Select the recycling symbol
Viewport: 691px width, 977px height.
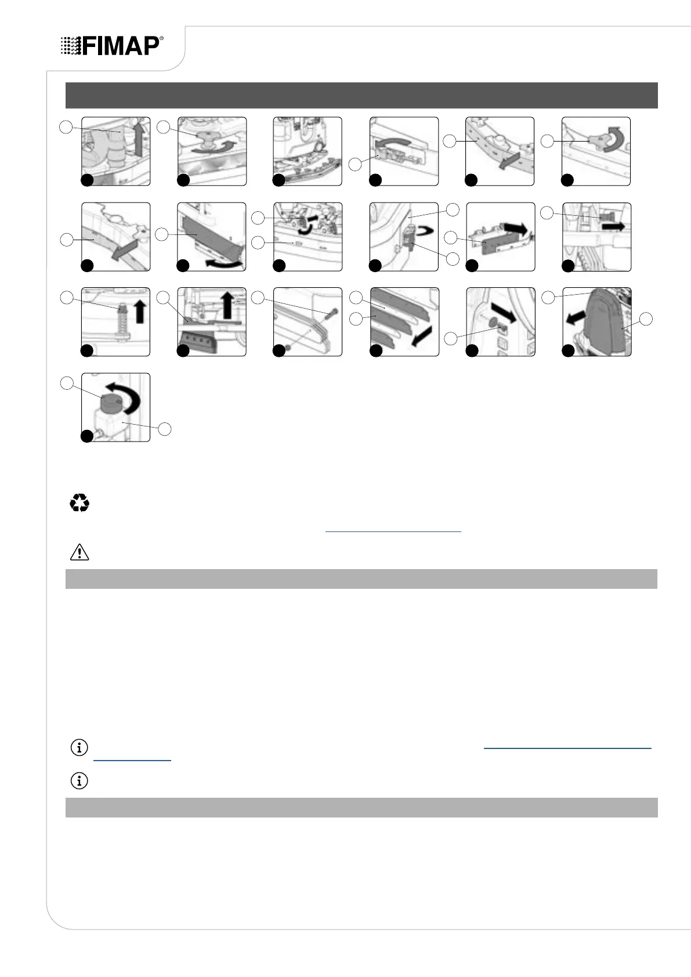[79, 502]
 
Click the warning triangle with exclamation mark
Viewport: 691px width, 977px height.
[79, 552]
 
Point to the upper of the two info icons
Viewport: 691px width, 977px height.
[79, 748]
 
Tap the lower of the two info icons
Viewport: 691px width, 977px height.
[79, 781]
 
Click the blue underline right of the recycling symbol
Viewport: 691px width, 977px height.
[393, 531]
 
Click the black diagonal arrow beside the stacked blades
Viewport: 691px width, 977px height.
[421, 335]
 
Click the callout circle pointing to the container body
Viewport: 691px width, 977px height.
[165, 429]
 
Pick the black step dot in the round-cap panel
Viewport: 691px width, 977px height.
[86, 436]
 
